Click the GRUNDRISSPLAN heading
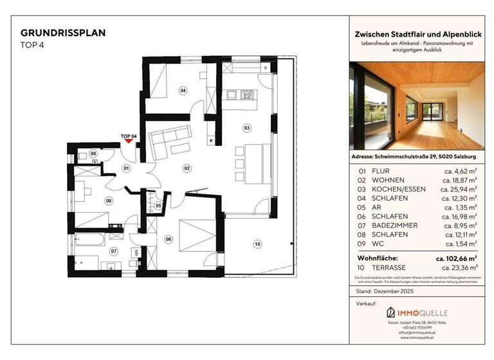point(63,32)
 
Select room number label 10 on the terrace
point(257,244)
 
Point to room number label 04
point(183,91)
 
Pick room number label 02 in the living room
point(187,168)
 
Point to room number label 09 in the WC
point(93,154)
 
